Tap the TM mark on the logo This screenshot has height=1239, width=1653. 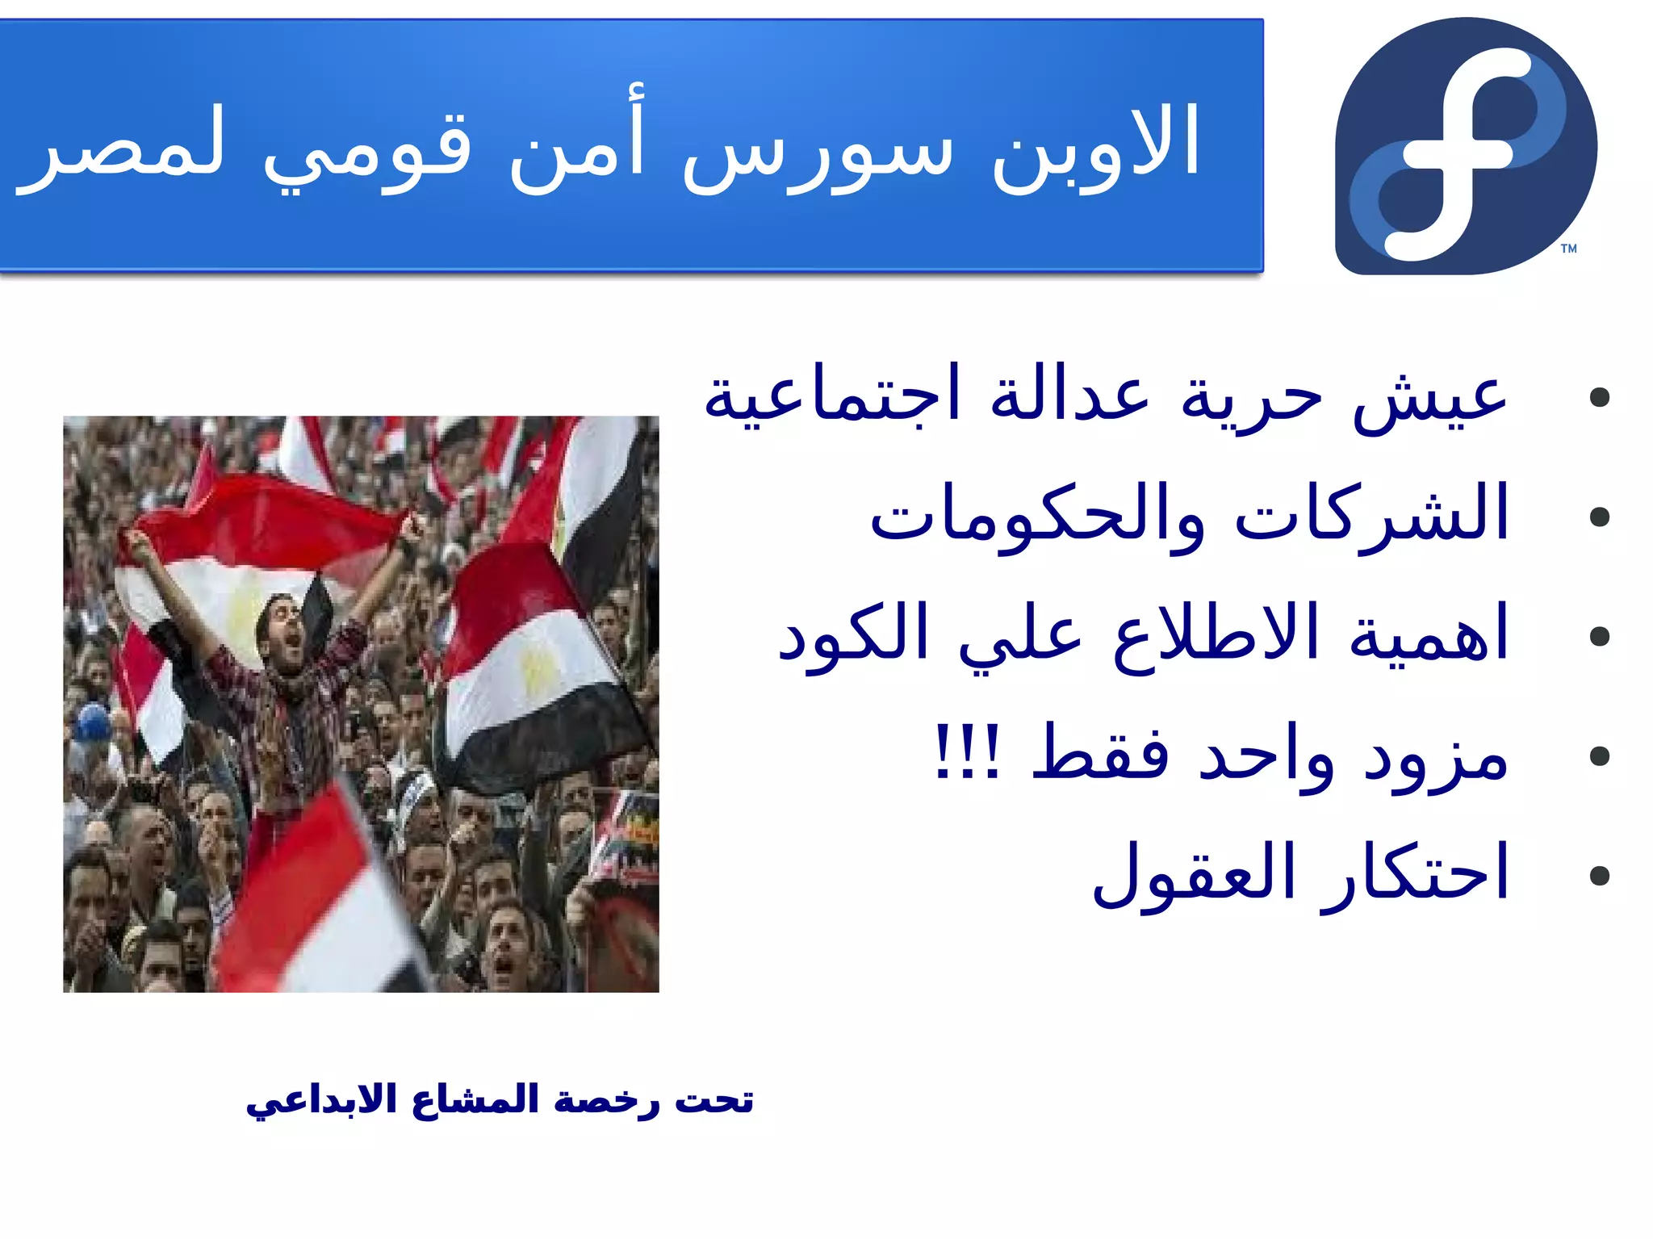(1568, 249)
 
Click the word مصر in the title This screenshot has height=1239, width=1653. (121, 149)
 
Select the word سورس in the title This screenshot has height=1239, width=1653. (817, 153)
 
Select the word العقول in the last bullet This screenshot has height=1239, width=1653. (1195, 876)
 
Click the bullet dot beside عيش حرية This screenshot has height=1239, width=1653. (1598, 397)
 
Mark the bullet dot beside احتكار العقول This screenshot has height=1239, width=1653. (1598, 876)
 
